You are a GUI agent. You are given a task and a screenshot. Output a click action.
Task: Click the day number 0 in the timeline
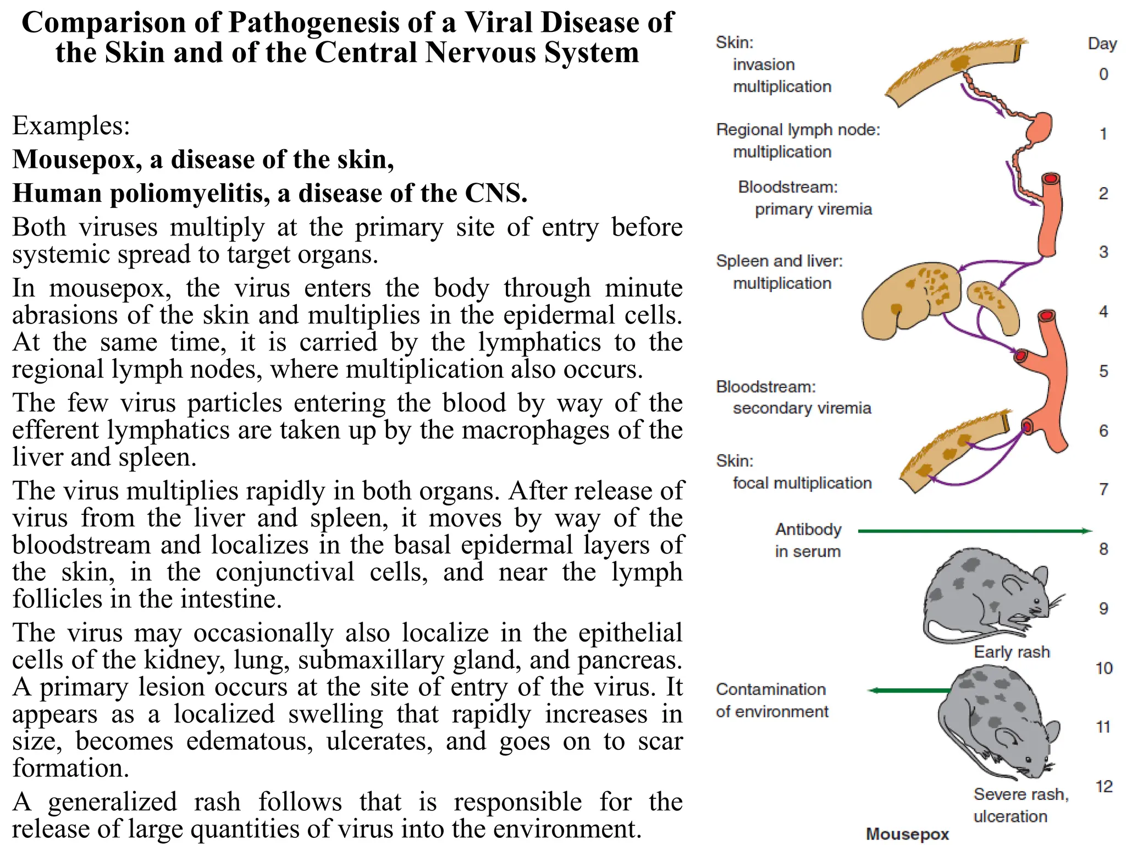[x=1103, y=74]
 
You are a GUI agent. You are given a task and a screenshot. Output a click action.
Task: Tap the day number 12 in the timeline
[x=1103, y=786]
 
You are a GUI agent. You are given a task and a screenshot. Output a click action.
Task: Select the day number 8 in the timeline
[x=1103, y=549]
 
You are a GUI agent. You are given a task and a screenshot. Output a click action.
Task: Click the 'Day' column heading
[x=1102, y=43]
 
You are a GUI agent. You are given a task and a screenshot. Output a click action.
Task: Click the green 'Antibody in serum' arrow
[x=973, y=531]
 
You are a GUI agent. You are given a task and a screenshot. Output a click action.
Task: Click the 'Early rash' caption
[x=1012, y=652]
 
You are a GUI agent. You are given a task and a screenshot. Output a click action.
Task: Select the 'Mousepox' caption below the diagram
[x=907, y=834]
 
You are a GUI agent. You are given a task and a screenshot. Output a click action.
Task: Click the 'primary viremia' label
[x=813, y=209]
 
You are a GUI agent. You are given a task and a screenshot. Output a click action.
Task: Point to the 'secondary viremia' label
[x=802, y=408]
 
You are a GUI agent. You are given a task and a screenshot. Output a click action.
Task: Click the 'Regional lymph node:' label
[x=798, y=130]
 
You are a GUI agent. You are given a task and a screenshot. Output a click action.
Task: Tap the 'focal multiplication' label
[x=802, y=483]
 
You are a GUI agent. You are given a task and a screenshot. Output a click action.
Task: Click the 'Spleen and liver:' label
[x=779, y=261]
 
